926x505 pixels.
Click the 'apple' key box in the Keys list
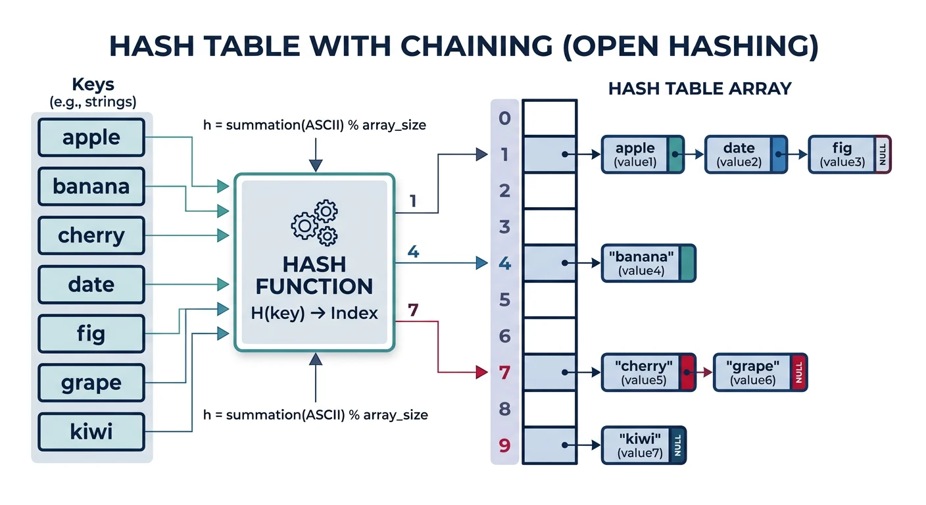coord(91,137)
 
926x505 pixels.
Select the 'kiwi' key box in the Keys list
coord(91,432)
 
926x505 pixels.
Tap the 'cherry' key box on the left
coord(91,235)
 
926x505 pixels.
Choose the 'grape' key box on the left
coord(91,383)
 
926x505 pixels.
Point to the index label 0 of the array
coord(504,118)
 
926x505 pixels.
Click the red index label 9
coord(504,446)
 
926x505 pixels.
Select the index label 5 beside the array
coord(504,301)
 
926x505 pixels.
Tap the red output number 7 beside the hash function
coord(413,310)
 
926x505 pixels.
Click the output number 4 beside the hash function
coord(413,252)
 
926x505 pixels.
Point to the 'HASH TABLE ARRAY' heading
coord(700,89)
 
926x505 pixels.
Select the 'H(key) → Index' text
coord(314,313)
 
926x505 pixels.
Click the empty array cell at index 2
coord(549,191)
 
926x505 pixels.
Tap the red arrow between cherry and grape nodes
coord(704,372)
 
